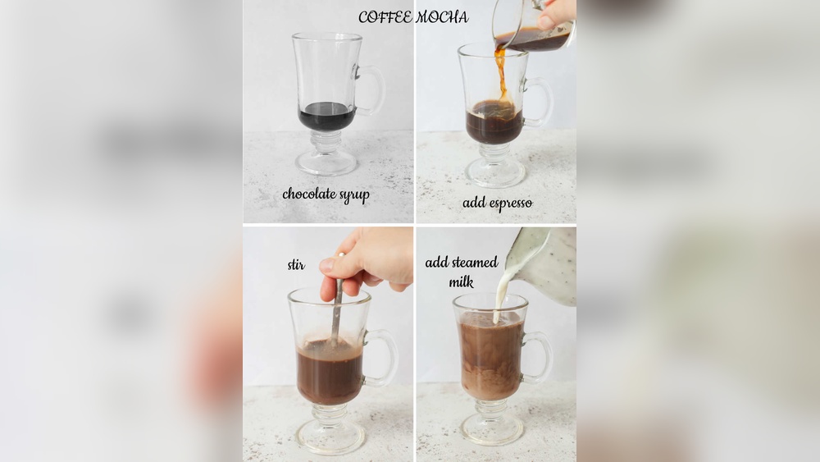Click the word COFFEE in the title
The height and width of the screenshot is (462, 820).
(385, 17)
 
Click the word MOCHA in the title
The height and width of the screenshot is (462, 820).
(442, 17)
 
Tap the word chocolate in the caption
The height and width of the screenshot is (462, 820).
(309, 194)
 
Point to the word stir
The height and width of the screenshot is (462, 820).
(296, 265)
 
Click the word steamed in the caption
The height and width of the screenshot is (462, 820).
(476, 262)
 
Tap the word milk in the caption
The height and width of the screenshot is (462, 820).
(461, 282)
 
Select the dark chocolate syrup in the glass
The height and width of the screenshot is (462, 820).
(327, 117)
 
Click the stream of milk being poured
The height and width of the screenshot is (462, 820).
(500, 293)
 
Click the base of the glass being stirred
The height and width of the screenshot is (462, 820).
(330, 435)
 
